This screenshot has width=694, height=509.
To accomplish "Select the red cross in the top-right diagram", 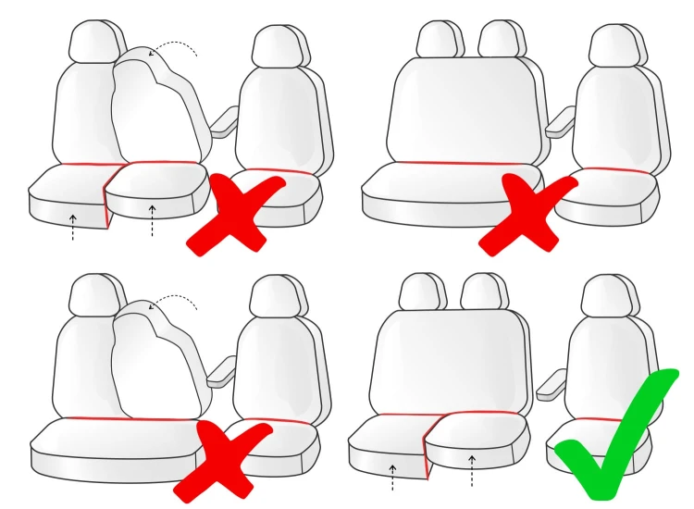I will tap(527, 214).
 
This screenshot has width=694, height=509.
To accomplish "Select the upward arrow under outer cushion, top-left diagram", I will tap(73, 227).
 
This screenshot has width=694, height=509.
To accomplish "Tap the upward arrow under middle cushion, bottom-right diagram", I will tap(471, 470).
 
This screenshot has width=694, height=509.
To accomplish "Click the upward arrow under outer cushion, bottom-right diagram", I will tap(392, 476).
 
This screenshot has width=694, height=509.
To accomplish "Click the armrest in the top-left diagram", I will tap(223, 123).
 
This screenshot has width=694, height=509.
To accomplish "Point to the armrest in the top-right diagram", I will tap(559, 122).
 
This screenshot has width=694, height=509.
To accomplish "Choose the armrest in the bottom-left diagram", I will tap(220, 371).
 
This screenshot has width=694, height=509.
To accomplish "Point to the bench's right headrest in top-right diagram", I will tap(499, 39).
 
